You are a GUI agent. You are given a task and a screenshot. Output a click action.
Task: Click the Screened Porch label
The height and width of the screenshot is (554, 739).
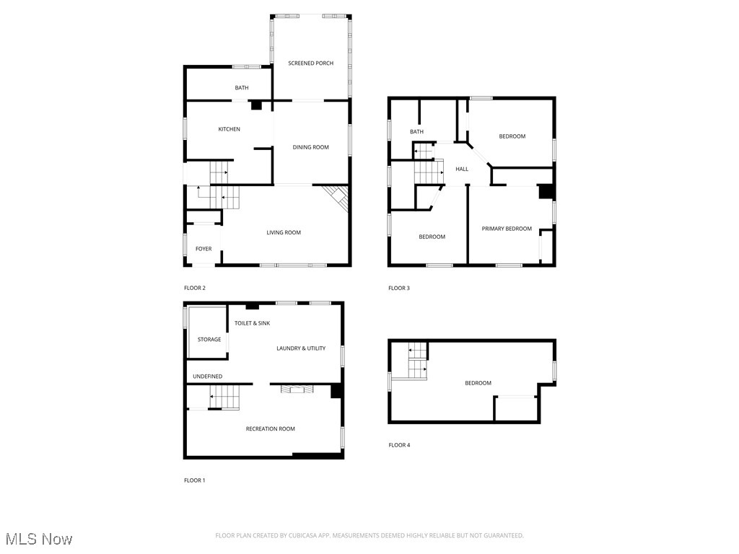click(x=310, y=63)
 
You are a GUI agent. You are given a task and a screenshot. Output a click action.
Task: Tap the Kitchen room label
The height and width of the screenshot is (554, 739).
click(x=229, y=129)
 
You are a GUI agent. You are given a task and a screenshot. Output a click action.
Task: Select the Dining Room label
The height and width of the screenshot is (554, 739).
click(x=310, y=147)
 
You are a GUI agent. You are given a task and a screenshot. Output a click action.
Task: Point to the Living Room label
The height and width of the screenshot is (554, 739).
click(x=284, y=232)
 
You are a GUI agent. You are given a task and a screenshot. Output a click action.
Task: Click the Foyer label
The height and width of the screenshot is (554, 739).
click(x=204, y=249)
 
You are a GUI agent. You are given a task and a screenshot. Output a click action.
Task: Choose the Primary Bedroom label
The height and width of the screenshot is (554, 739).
click(x=507, y=229)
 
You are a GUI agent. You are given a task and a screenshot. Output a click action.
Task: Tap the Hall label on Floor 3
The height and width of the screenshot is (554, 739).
click(x=462, y=169)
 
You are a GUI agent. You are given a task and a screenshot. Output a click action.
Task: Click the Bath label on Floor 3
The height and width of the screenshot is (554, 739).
click(x=416, y=131)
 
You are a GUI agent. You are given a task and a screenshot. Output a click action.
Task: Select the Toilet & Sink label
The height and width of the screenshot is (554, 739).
click(x=252, y=323)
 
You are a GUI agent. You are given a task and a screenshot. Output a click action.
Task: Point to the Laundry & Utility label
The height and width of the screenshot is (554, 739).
click(x=301, y=348)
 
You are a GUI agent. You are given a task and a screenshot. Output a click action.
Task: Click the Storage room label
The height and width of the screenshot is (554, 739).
click(x=209, y=340)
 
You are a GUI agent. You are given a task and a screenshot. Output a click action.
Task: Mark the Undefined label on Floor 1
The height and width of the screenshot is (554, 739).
click(x=207, y=377)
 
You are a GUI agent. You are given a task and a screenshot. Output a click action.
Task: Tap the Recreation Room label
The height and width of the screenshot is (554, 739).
click(x=271, y=429)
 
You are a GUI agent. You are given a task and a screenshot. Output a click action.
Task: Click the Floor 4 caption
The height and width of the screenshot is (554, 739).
click(x=399, y=445)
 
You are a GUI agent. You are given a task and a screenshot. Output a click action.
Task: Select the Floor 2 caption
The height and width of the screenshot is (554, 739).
click(x=195, y=288)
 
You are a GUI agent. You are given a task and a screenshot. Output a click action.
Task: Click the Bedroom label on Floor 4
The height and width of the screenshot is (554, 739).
click(x=478, y=383)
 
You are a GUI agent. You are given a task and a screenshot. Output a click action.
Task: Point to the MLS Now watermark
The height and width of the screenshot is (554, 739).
click(x=38, y=539)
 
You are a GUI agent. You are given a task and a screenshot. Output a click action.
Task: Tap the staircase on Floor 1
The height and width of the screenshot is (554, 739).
click(x=224, y=397)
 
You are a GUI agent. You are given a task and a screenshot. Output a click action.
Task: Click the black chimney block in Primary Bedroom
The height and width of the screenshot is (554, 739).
click(x=546, y=192)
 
